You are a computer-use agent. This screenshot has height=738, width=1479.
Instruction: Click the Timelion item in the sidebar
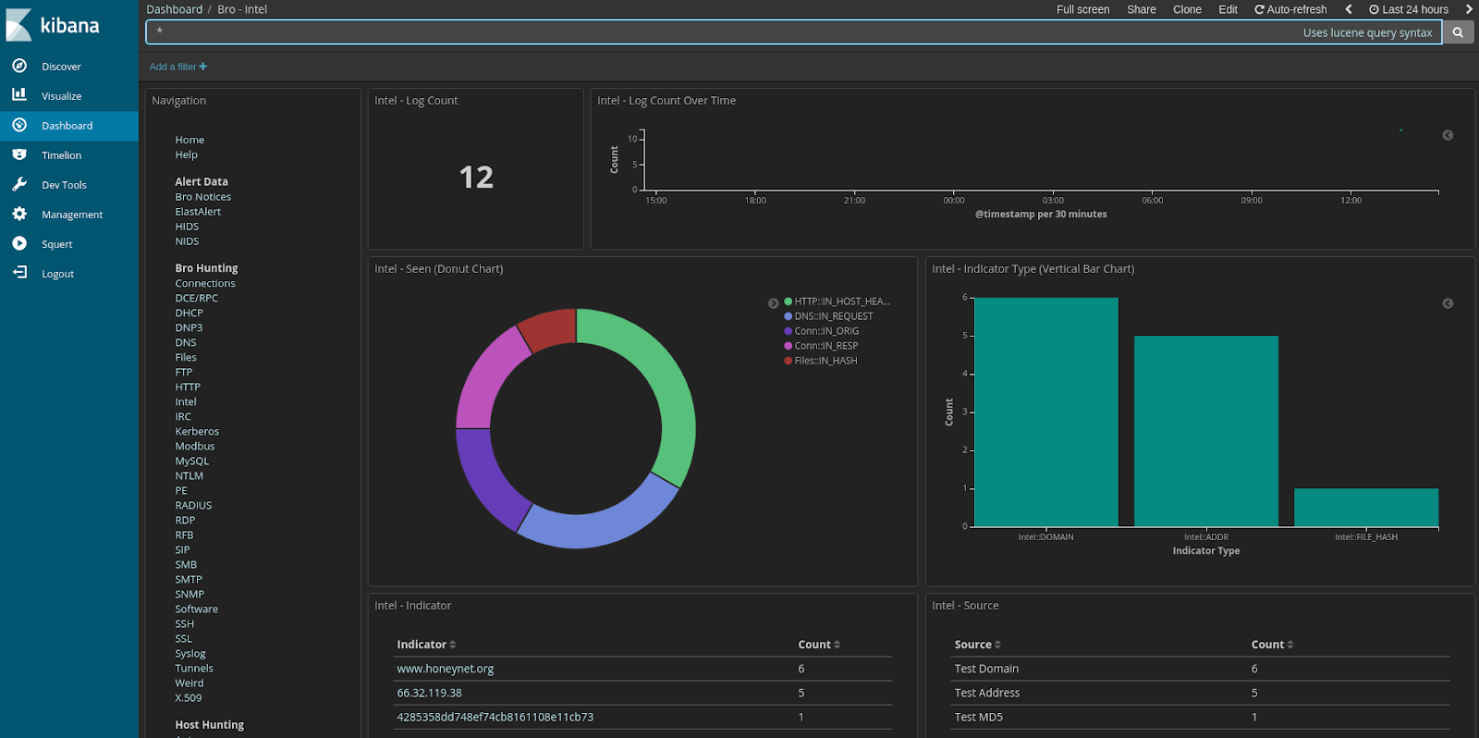61,155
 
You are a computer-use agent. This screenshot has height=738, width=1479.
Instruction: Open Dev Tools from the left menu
64,185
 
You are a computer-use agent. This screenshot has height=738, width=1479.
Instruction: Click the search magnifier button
1458,32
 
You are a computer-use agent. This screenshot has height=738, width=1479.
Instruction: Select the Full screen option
1082,9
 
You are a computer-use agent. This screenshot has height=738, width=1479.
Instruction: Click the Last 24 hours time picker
1409,9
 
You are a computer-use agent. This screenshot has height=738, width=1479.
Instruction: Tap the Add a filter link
178,67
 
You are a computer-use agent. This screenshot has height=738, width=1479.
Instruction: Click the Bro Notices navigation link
202,197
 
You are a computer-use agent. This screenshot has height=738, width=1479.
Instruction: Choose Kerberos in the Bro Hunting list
197,432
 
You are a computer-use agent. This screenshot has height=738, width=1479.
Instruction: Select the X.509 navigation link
188,698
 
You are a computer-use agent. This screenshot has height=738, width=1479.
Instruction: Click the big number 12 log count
476,177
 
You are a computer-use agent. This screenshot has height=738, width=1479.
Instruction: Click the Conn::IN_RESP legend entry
825,346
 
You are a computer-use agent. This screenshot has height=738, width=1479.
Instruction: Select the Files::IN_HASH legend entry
825,361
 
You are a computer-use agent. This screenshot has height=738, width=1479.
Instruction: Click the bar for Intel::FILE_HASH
1365,508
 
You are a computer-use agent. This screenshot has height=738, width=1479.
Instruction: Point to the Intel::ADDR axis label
1206,537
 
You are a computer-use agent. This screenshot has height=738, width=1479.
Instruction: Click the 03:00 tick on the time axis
1053,200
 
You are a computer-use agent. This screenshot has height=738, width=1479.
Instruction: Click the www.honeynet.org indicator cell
445,669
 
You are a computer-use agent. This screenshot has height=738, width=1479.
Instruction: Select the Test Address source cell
986,693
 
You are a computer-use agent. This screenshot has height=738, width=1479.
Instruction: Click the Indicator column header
422,645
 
